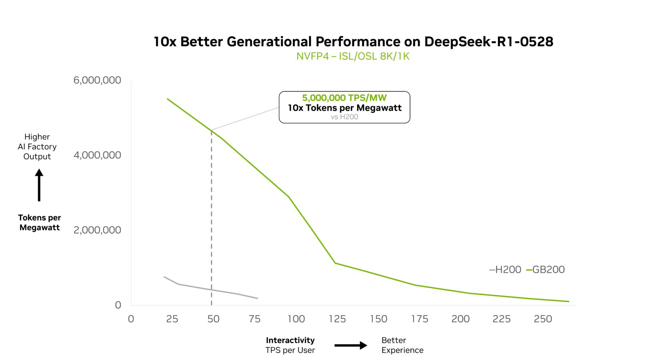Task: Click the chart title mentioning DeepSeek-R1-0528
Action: click(x=353, y=42)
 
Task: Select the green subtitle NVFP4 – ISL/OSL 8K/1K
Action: click(x=353, y=56)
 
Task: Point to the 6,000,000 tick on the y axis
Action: click(x=97, y=80)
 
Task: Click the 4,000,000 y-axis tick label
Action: click(x=97, y=155)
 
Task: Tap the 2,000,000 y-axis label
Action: click(x=97, y=230)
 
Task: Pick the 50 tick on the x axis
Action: click(x=213, y=319)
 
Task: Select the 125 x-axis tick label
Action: click(x=337, y=319)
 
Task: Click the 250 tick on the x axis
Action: click(x=543, y=319)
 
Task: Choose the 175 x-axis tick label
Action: click(x=420, y=319)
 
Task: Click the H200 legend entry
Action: click(x=505, y=270)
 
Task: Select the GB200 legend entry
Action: click(x=546, y=270)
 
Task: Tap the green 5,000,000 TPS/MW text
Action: click(x=344, y=98)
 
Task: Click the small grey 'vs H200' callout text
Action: click(x=344, y=117)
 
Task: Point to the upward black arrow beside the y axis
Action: click(x=39, y=185)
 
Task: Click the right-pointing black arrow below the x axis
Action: click(x=351, y=345)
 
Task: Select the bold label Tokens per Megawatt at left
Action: click(x=40, y=222)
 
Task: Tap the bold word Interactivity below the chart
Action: click(x=290, y=340)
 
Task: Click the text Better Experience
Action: click(x=402, y=345)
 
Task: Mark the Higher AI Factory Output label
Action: click(x=37, y=147)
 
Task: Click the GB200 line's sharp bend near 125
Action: click(x=335, y=263)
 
